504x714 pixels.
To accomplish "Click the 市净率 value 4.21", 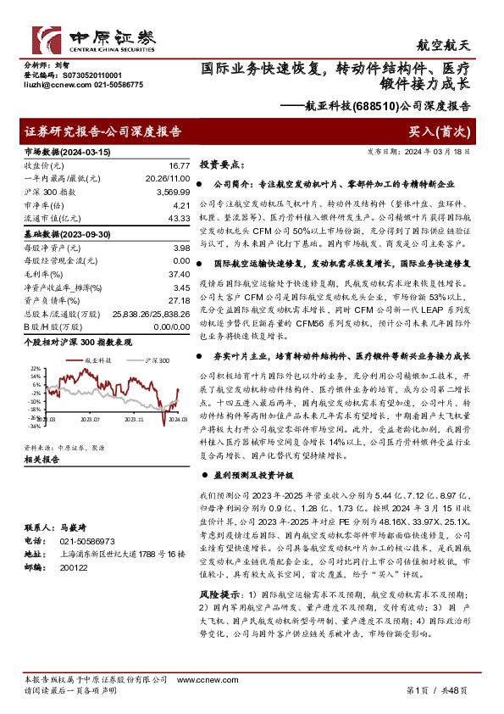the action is [180, 205].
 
